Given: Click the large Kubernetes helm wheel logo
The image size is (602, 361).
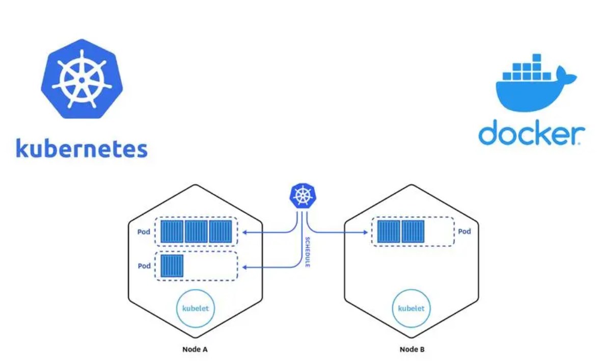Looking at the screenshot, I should point(81,80).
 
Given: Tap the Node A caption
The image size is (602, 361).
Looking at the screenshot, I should point(195,350).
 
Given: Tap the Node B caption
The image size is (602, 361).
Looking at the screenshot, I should point(412,350).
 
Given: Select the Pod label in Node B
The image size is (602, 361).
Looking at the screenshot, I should point(464,231).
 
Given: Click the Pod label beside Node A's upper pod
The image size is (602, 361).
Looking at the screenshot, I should point(144,232).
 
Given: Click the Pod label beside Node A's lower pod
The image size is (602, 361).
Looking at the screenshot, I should point(144,266).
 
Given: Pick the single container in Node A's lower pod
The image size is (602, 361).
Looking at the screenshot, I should point(172,266).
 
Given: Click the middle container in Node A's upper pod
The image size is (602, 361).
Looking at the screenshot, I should point(196,232).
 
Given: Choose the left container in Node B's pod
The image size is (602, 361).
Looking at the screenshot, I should point(388,232).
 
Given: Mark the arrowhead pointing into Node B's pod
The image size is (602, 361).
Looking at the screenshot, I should point(365,233).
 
